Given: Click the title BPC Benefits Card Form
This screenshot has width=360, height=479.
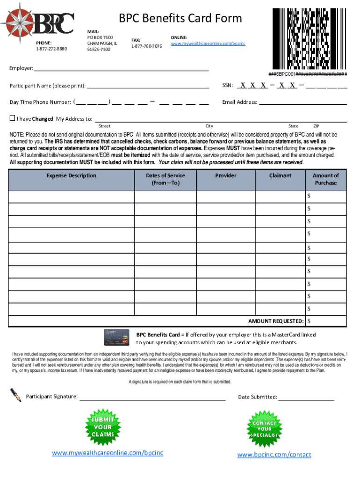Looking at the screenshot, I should point(180,18).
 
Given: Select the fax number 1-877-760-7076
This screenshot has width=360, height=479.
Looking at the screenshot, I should point(146,46).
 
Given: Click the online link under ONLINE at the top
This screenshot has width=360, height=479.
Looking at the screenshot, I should point(208,44).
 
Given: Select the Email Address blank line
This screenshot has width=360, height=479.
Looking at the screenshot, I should point(303,102).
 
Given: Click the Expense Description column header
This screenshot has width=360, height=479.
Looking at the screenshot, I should point(72,176).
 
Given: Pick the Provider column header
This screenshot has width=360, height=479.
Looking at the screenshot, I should point(226,176).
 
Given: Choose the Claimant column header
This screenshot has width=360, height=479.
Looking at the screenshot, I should point(280,176).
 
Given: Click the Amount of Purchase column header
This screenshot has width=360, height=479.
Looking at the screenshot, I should point(325,179).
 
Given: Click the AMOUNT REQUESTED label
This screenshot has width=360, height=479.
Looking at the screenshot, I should point(276,321).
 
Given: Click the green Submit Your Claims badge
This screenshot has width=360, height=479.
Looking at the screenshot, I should point(103,427).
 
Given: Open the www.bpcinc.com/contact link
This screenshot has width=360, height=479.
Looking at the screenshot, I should point(274,455).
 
